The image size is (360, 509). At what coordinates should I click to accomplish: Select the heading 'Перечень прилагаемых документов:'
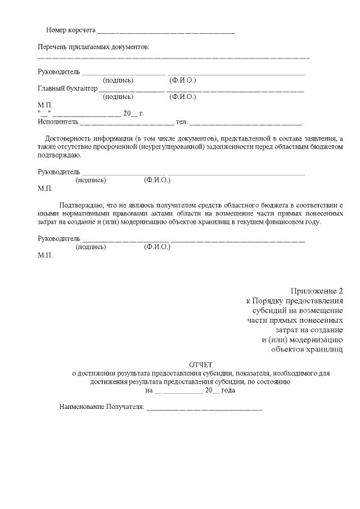pos(94,47)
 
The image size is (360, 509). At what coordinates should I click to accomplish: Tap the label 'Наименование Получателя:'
pos(102,406)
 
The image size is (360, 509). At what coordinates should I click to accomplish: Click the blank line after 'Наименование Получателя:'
pos(204,407)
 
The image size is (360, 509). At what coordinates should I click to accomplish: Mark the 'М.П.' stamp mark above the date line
pos(44,105)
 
